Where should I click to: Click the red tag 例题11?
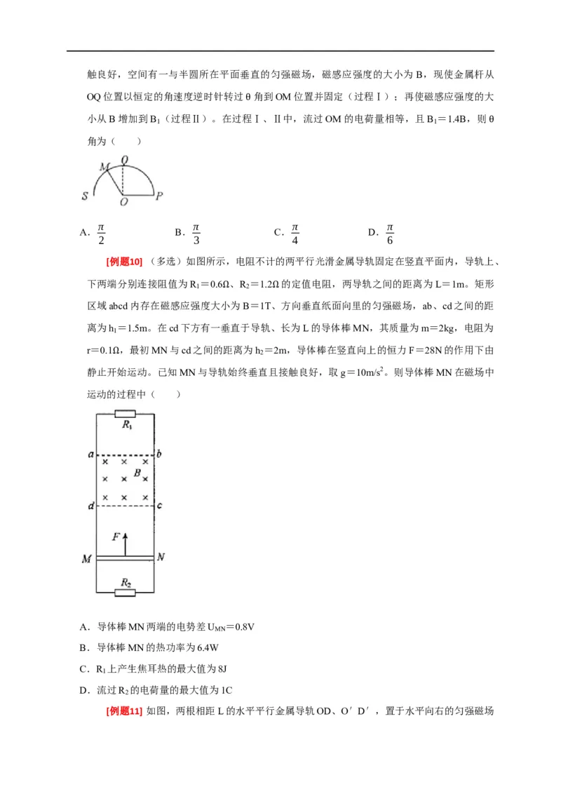[124, 711]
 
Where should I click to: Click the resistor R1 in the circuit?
[127, 414]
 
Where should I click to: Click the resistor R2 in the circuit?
[126, 593]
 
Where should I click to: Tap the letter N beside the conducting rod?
[162, 558]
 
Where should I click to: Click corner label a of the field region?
[91, 455]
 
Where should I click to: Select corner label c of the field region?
[160, 506]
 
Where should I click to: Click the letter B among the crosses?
[138, 474]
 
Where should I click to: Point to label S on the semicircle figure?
[84, 197]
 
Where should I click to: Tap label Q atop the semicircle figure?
[124, 161]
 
